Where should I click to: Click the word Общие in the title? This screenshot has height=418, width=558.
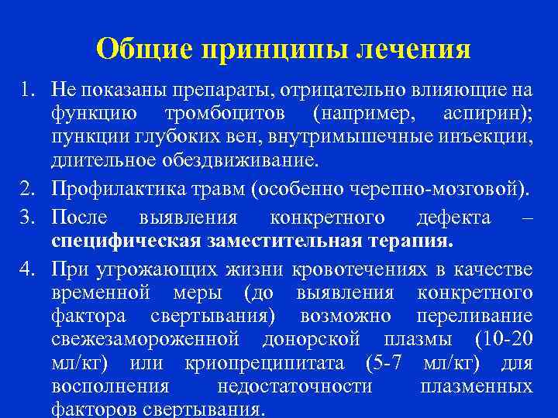144,49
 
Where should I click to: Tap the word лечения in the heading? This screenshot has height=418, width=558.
414,49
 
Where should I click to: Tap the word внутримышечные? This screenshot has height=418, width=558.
355,139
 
